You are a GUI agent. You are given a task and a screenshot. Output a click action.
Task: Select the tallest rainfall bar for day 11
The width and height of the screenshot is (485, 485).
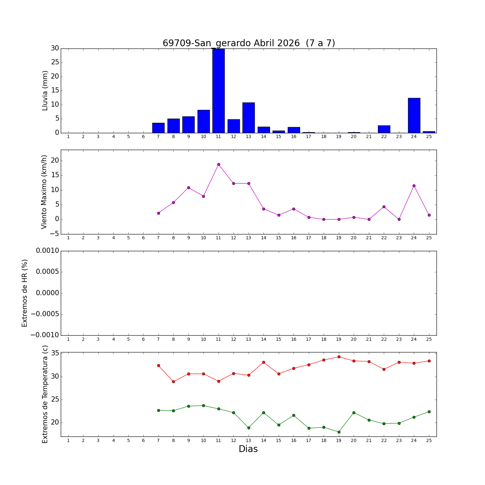click(219, 91)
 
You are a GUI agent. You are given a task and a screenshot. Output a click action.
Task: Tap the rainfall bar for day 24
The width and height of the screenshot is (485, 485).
click(414, 115)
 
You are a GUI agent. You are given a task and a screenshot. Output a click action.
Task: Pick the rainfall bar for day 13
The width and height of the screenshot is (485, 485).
click(249, 117)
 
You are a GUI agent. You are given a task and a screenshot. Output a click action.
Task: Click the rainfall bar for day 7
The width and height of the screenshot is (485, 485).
click(158, 128)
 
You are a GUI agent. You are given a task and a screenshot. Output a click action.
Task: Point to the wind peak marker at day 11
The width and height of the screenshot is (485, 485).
click(219, 164)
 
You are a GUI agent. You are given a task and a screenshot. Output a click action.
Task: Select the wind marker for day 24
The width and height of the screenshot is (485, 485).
click(414, 186)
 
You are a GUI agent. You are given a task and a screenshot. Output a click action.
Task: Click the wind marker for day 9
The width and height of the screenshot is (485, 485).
click(189, 188)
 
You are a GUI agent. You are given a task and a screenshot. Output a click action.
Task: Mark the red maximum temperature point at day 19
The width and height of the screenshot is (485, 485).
click(339, 357)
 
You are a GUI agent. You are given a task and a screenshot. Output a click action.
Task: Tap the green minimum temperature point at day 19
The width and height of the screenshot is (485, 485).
click(339, 432)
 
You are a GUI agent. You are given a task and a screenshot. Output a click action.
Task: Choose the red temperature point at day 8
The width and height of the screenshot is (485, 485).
click(173, 382)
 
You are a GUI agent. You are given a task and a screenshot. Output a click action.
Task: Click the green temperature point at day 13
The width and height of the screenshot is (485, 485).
click(249, 428)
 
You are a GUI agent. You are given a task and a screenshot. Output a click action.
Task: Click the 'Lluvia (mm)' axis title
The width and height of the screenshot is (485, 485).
click(45, 91)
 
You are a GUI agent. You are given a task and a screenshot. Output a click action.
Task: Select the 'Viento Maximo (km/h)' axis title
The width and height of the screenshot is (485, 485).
click(44, 192)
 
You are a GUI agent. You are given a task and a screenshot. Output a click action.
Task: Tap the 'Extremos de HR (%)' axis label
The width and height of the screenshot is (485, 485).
click(25, 293)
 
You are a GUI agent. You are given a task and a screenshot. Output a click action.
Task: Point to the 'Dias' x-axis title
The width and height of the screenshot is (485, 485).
click(248, 449)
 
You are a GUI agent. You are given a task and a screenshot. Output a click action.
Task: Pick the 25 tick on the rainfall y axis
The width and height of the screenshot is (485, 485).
click(55, 62)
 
